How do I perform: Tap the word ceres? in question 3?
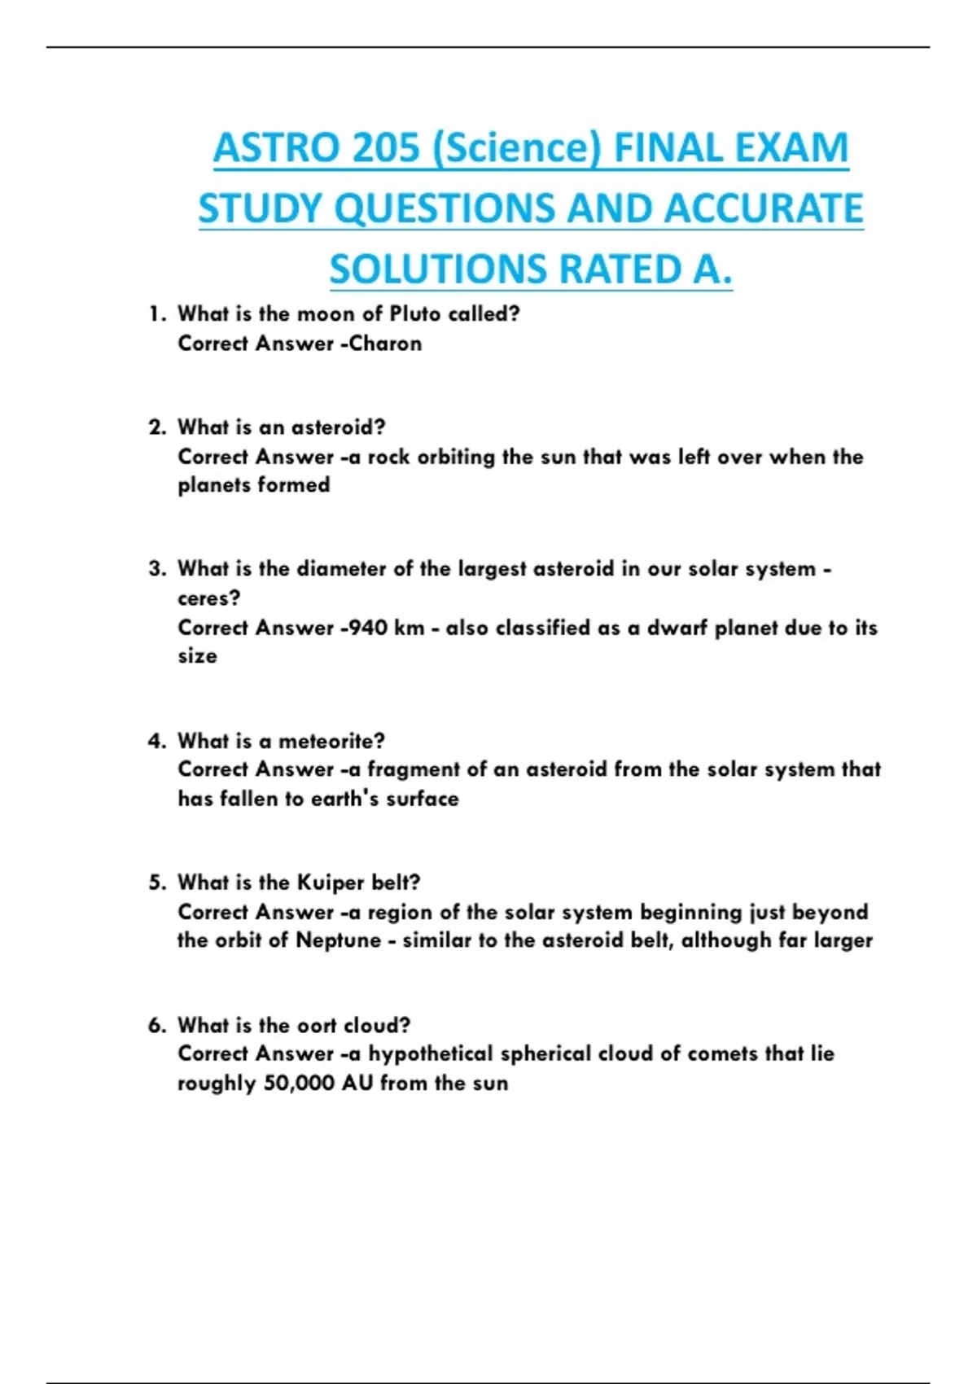tap(209, 598)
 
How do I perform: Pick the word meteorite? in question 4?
tap(331, 741)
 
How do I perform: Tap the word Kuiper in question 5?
tap(330, 883)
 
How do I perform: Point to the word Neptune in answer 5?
tap(338, 940)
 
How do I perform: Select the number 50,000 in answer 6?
tap(299, 1084)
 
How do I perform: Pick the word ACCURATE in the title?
tap(763, 208)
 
